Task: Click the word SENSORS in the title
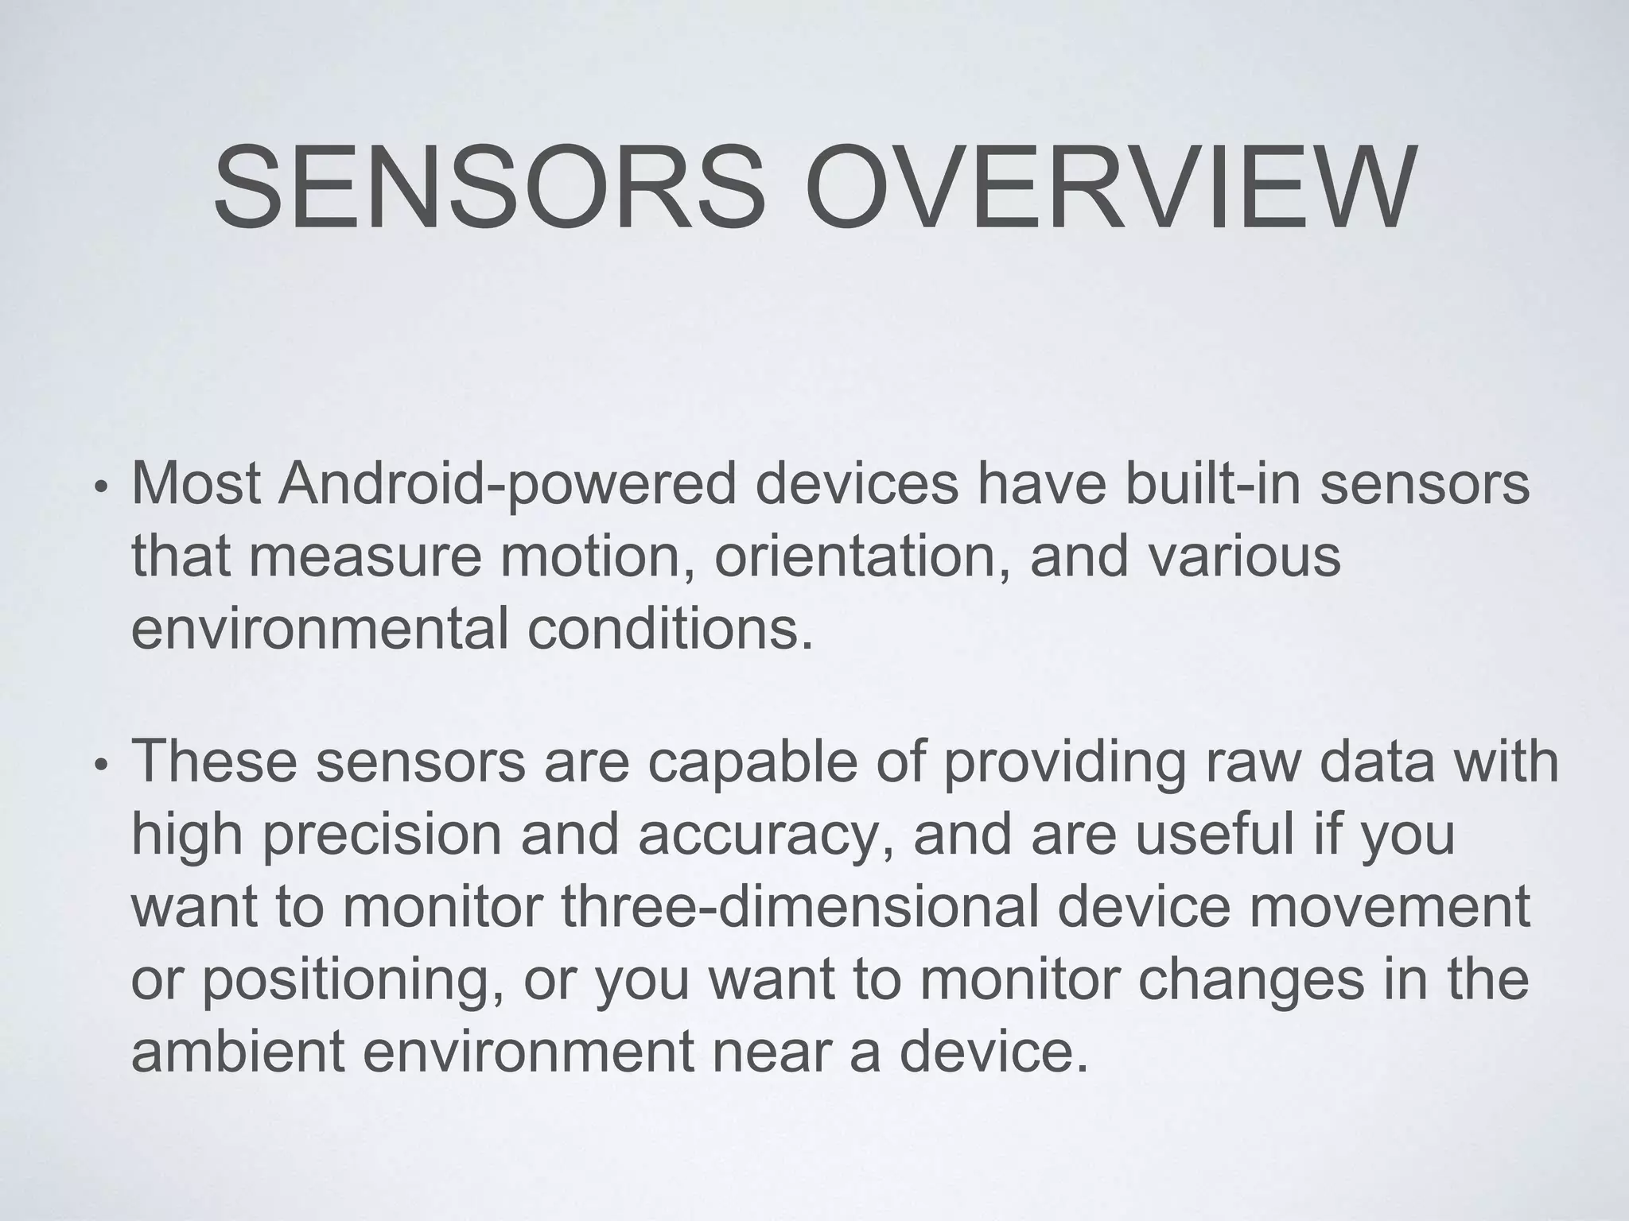pos(487,188)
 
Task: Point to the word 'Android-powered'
pos(507,485)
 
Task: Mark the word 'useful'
pos(1215,833)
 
